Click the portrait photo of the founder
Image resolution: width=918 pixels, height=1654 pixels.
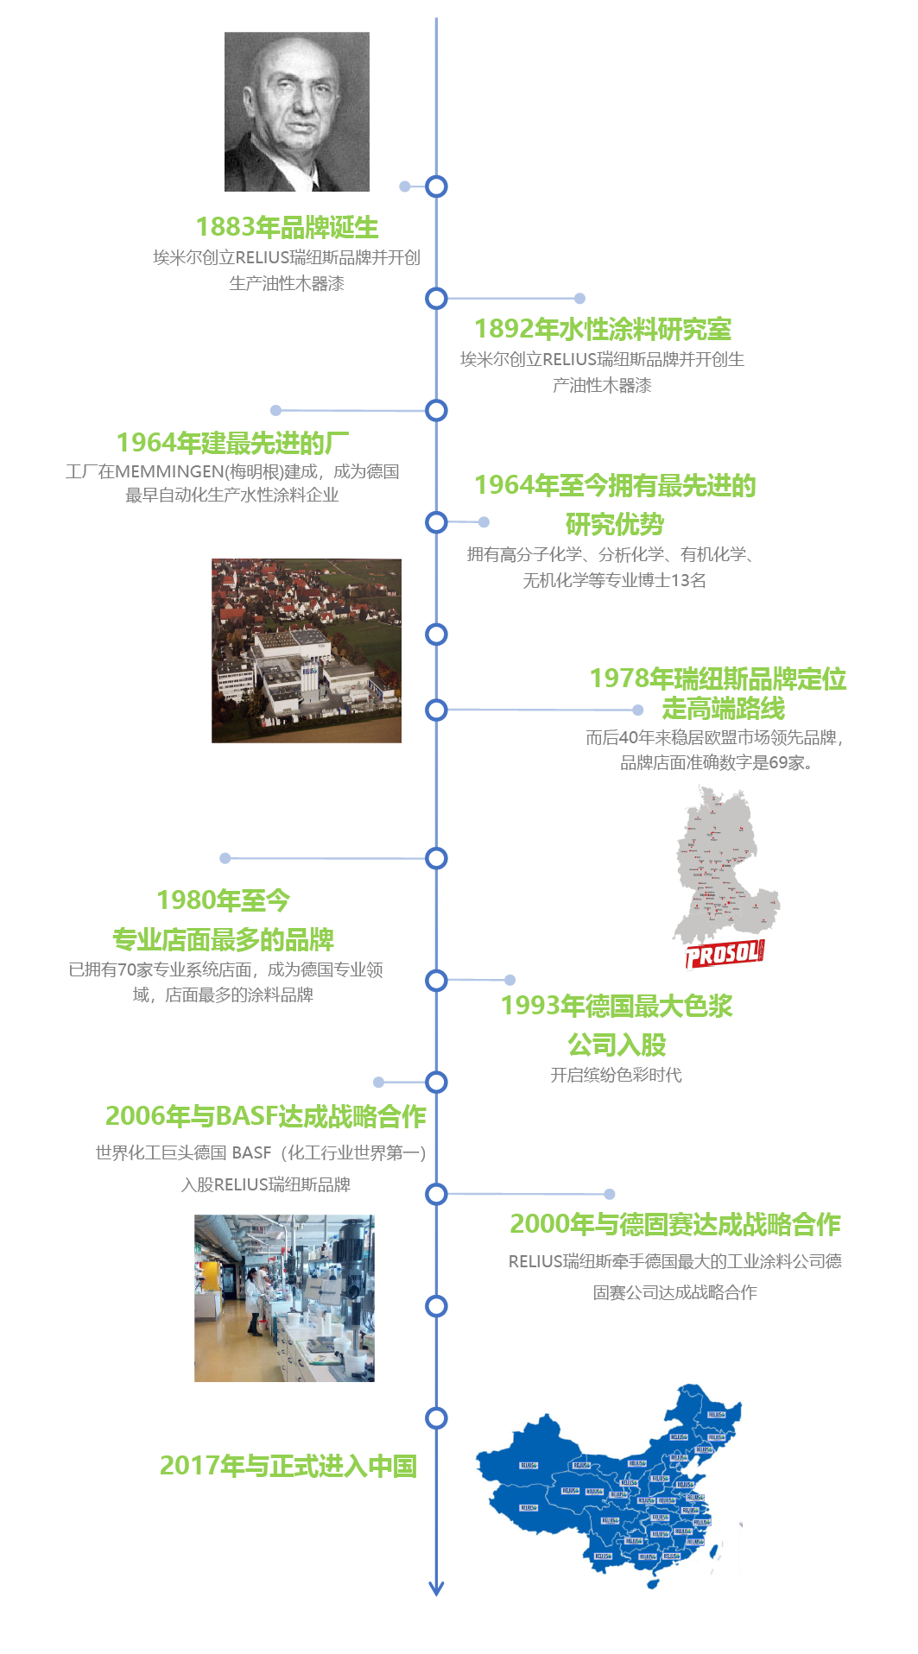tap(296, 111)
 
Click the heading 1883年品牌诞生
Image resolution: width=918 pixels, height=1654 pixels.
tap(287, 227)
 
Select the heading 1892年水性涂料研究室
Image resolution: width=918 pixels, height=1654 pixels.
tap(603, 329)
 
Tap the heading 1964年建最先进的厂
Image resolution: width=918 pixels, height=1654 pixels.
tap(232, 443)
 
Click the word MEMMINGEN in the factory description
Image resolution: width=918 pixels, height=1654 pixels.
tap(169, 471)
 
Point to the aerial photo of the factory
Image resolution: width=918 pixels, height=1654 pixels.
tap(306, 650)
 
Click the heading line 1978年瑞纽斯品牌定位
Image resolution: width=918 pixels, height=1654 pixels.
tap(718, 679)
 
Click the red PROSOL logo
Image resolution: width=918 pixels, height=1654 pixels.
tap(724, 954)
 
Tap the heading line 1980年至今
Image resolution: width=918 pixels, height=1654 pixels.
tap(223, 900)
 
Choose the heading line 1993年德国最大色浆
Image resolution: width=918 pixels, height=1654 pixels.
tap(617, 1006)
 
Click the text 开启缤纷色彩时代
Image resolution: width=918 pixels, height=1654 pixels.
tap(616, 1075)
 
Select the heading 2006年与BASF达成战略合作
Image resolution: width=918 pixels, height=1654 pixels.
tap(265, 1116)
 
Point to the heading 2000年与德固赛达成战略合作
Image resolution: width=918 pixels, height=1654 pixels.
tap(674, 1224)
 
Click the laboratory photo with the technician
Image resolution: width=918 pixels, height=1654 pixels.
tap(284, 1297)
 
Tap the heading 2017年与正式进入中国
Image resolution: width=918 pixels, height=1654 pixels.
tap(288, 1466)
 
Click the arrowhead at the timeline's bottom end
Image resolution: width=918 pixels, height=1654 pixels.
tap(436, 1588)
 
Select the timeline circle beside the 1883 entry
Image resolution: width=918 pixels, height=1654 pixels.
tap(436, 186)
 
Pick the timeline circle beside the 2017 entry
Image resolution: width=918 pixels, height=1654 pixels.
tap(436, 1417)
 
